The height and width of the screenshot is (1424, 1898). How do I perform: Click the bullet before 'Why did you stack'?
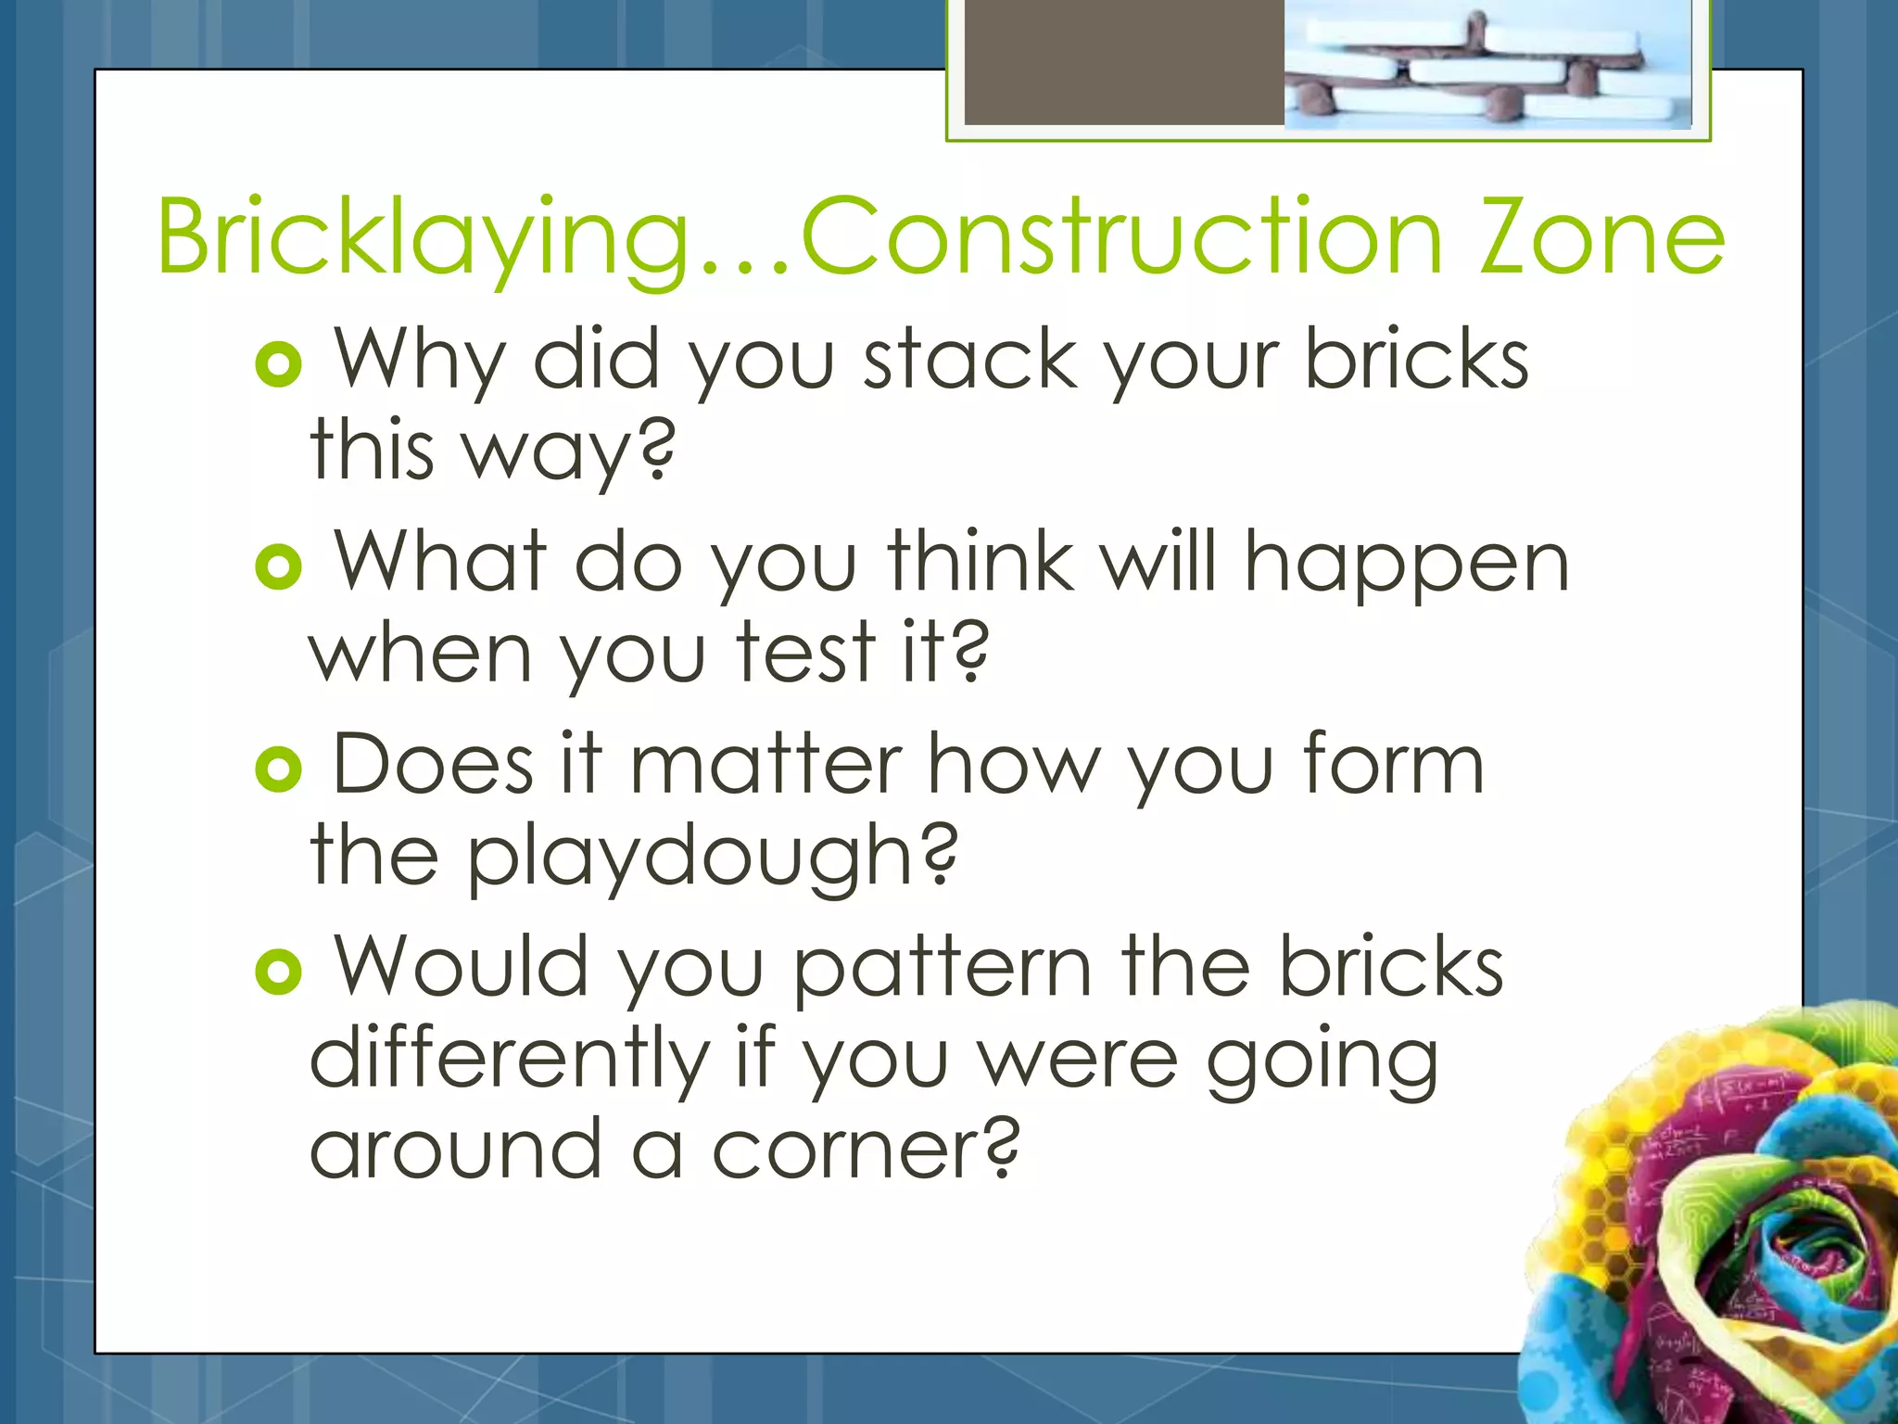click(x=278, y=364)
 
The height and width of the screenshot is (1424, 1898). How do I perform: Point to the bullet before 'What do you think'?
click(x=278, y=566)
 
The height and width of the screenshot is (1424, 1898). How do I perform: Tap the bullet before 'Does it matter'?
click(x=278, y=769)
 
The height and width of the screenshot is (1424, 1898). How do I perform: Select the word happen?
click(x=1406, y=566)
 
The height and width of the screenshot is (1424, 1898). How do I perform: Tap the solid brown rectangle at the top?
click(x=1123, y=61)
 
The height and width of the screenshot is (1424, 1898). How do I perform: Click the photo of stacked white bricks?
click(x=1487, y=65)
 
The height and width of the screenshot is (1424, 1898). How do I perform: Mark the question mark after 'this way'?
click(x=657, y=450)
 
